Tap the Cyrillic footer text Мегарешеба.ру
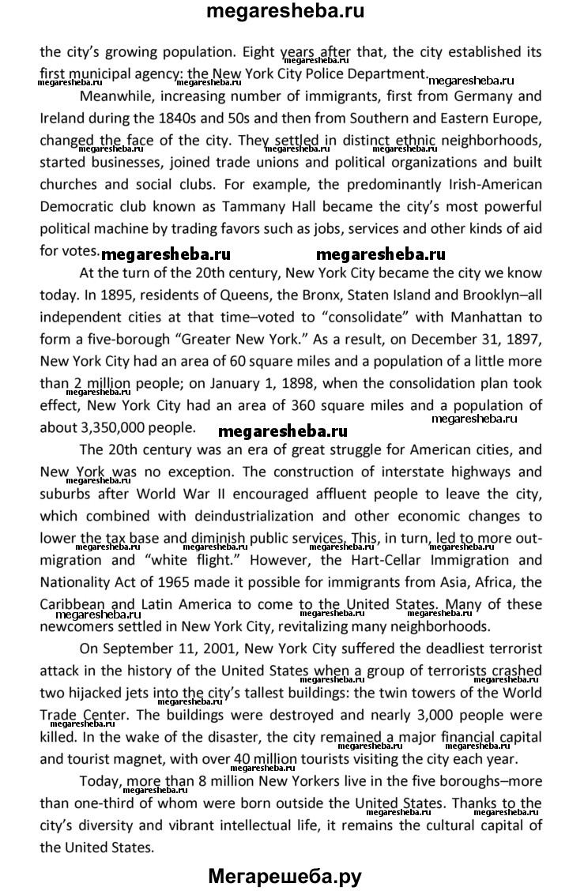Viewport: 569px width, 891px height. click(285, 874)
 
